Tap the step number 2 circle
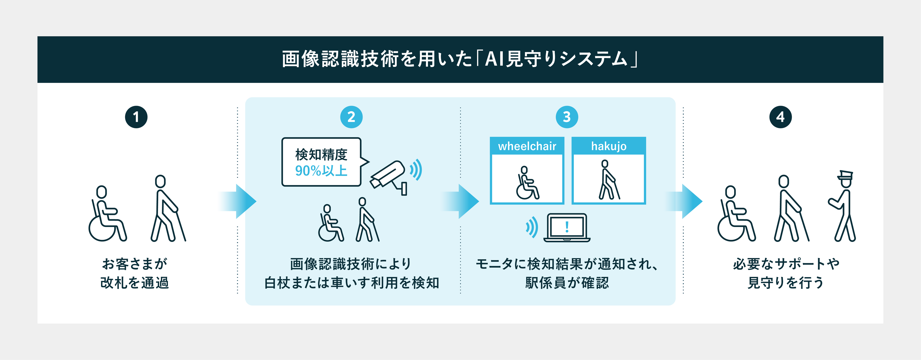pyautogui.click(x=351, y=117)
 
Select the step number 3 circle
pyautogui.click(x=567, y=117)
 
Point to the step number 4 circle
pyautogui.click(x=780, y=117)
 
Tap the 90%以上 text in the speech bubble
pyautogui.click(x=321, y=171)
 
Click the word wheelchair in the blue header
pyautogui.click(x=527, y=146)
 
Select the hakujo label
pyautogui.click(x=609, y=146)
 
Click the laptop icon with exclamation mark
pyautogui.click(x=567, y=228)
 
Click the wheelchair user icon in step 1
pyautogui.click(x=107, y=214)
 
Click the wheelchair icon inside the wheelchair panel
pyautogui.click(x=527, y=183)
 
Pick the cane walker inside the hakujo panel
pyautogui.click(x=609, y=180)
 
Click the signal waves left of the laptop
pyautogui.click(x=532, y=227)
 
